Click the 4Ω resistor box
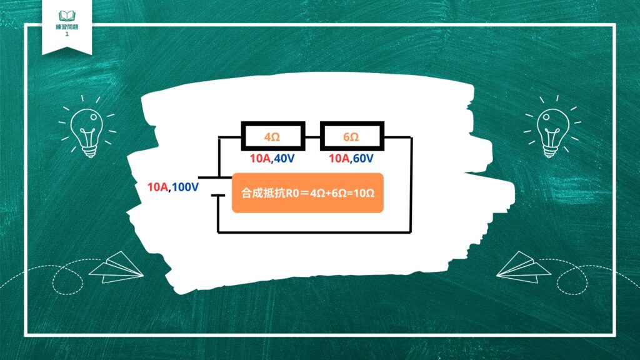coord(273,136)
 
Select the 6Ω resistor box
coord(352,136)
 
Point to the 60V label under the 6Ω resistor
coord(363,158)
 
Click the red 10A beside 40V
coord(261,158)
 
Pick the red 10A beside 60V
coord(339,158)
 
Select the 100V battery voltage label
coord(185,187)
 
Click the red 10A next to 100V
coord(157,187)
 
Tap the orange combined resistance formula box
coord(307,193)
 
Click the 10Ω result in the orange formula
coord(364,193)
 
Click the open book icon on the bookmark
coord(67,16)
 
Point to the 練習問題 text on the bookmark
coord(67,27)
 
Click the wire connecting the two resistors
coord(312,137)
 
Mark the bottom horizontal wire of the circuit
coord(314,232)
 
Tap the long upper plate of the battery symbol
coord(215,177)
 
